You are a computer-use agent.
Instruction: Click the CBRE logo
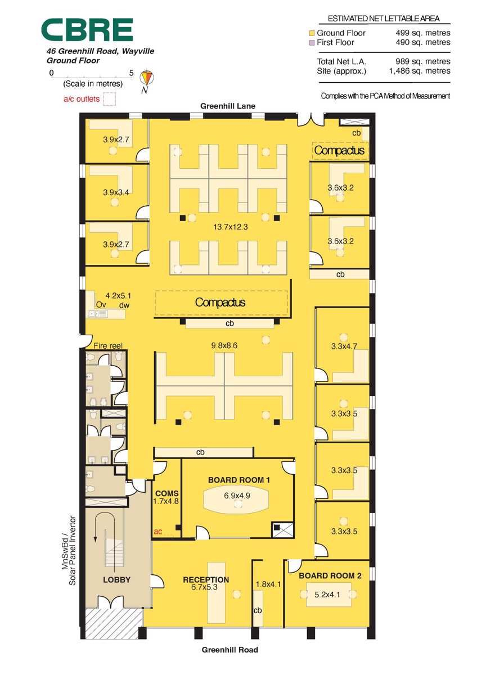pos(87,29)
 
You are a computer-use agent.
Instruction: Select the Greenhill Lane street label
pos(227,106)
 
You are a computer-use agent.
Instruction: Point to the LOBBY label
pos(116,579)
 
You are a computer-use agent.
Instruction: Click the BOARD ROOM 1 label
pos(239,480)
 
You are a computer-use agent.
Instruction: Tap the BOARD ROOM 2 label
pos(330,575)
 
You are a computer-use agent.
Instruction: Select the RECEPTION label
pos(206,579)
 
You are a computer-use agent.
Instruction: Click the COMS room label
pos(167,493)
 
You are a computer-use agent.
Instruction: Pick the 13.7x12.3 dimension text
pos(231,227)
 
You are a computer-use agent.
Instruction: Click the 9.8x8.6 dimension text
pos(224,345)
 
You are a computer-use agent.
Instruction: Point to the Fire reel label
pos(108,345)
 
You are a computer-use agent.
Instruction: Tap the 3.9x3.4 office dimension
pos(116,192)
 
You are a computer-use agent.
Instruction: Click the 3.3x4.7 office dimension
pos(344,346)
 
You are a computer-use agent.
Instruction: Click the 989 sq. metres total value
pos(423,61)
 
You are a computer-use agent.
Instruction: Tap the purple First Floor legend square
pos(312,43)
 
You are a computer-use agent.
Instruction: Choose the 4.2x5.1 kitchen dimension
pos(118,296)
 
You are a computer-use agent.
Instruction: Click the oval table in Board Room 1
pos(236,501)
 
